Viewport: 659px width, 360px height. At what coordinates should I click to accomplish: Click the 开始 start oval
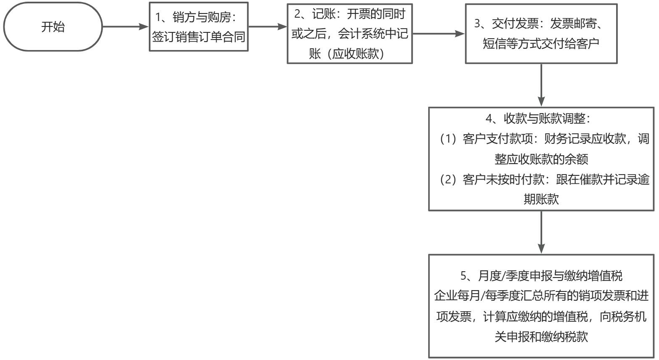53,27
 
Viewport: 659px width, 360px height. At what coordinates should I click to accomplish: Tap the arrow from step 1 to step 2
267,26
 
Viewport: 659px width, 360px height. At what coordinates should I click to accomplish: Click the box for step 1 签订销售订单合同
198,26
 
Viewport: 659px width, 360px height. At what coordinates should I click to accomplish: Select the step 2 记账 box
350,34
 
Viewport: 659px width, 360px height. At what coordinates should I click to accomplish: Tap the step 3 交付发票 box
541,34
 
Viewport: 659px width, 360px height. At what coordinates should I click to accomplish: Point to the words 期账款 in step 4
541,199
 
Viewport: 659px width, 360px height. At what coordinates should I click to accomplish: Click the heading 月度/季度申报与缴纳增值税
551,276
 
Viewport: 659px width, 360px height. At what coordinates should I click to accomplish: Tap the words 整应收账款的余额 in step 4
541,159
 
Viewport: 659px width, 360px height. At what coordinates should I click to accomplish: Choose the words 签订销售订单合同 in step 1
198,37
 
